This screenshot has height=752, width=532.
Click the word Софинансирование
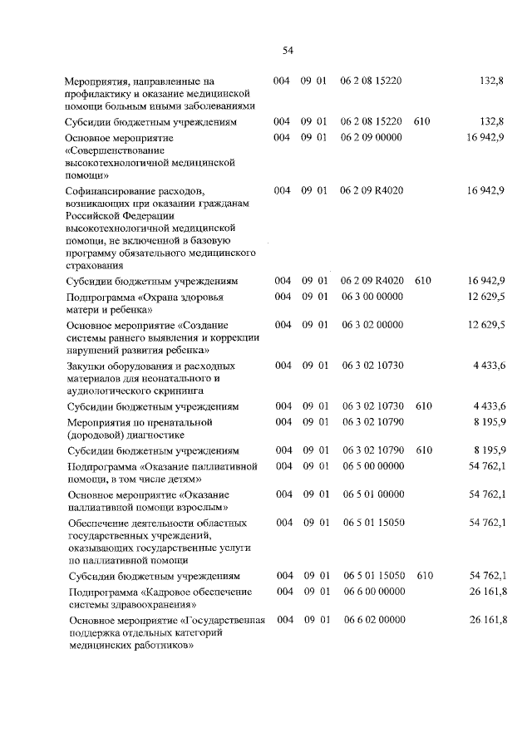111,191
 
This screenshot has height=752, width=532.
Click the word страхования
95,266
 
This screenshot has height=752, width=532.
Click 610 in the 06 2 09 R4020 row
422,281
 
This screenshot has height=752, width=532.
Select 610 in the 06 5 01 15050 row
423,576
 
